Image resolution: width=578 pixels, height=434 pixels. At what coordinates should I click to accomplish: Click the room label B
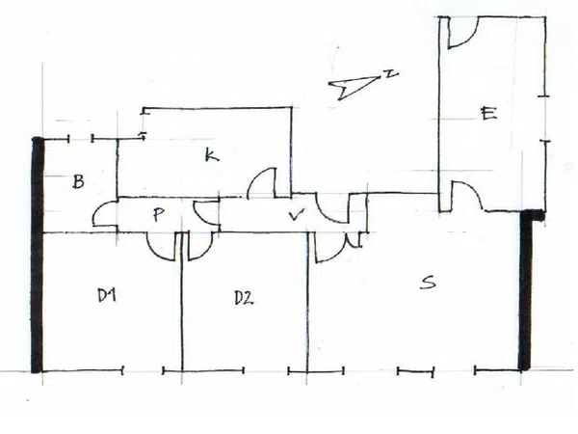pyautogui.click(x=78, y=181)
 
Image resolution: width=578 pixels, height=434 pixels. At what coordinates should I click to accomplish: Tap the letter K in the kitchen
pyautogui.click(x=212, y=154)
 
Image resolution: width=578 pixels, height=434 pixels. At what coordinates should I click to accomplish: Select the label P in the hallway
pyautogui.click(x=158, y=214)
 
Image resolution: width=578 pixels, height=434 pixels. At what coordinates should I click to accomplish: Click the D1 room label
pyautogui.click(x=107, y=295)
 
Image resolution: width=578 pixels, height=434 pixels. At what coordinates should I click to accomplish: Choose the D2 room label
pyautogui.click(x=244, y=298)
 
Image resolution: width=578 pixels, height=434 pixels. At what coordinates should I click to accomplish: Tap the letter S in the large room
pyautogui.click(x=428, y=282)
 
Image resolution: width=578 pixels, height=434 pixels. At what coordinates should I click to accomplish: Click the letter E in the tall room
pyautogui.click(x=488, y=113)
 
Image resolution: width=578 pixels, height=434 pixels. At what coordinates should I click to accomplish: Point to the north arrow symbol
pyautogui.click(x=354, y=87)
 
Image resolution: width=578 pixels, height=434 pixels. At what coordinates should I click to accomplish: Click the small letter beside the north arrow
pyautogui.click(x=391, y=74)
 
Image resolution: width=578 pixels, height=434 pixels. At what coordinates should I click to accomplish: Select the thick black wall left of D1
pyautogui.click(x=38, y=255)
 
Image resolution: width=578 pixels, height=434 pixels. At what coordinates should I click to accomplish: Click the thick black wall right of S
pyautogui.click(x=526, y=289)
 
